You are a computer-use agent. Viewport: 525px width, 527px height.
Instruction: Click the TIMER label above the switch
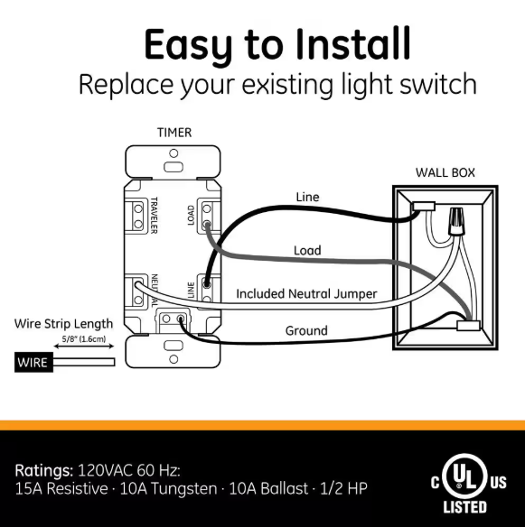[x=174, y=133]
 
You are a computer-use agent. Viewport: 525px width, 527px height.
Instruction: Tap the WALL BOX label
[x=445, y=172]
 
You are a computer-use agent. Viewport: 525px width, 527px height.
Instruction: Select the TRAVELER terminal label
[x=154, y=216]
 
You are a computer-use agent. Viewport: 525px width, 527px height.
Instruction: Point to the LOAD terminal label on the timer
[x=191, y=215]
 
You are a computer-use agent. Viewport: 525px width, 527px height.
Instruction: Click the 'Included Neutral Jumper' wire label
[x=306, y=294]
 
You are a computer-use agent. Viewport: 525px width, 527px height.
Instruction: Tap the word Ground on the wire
[x=306, y=330]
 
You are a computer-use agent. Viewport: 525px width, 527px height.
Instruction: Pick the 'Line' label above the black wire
[x=307, y=197]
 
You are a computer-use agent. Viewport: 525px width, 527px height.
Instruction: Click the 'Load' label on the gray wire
[x=307, y=250]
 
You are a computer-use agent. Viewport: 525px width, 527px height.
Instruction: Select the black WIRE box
[x=33, y=363]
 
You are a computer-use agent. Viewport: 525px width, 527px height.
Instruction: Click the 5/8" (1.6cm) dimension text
[x=84, y=338]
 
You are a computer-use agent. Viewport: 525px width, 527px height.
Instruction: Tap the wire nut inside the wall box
[x=455, y=220]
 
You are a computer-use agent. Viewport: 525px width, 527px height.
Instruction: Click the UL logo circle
[x=464, y=476]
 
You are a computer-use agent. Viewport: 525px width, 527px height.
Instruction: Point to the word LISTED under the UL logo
[x=464, y=507]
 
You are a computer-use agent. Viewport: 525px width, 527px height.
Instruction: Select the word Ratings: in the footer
[x=43, y=470]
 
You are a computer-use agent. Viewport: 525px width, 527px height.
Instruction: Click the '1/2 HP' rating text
[x=343, y=488]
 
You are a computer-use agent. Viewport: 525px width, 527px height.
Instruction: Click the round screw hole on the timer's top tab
[x=173, y=153]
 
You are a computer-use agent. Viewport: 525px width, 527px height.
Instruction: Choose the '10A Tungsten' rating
[x=168, y=488]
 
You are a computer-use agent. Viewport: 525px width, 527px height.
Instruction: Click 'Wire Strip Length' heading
[x=63, y=324]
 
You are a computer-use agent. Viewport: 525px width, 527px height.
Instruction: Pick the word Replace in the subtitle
[x=127, y=85]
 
